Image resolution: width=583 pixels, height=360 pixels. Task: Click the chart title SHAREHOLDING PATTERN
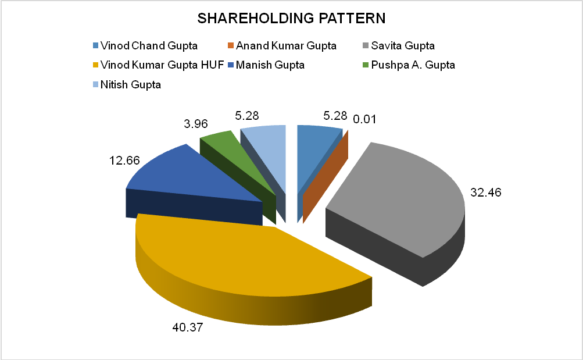click(x=291, y=18)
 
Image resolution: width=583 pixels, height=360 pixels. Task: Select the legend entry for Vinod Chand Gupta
click(x=148, y=45)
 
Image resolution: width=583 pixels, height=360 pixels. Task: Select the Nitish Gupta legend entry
click(x=130, y=84)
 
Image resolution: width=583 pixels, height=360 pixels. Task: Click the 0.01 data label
click(x=365, y=120)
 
